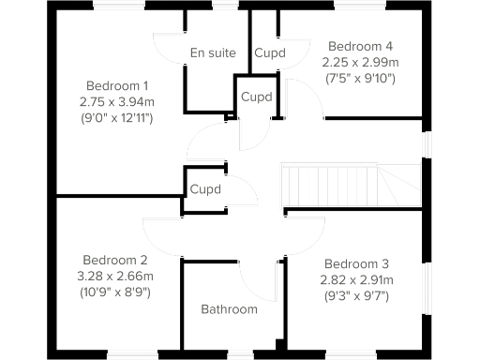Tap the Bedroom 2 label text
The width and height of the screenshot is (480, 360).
click(115, 260)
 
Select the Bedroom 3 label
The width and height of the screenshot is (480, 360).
click(355, 263)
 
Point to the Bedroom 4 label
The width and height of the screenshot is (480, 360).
click(358, 46)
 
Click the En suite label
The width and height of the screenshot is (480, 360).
click(213, 52)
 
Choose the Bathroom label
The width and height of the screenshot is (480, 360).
click(229, 309)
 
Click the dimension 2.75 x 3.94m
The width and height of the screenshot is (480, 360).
click(117, 100)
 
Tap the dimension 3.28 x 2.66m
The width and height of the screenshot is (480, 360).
click(115, 277)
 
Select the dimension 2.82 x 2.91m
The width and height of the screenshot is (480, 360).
click(355, 280)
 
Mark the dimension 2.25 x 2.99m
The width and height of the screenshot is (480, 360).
click(360, 62)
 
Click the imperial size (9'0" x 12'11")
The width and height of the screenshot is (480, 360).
click(117, 117)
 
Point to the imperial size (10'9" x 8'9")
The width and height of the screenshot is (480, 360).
click(115, 292)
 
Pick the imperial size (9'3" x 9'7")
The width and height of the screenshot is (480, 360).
click(355, 296)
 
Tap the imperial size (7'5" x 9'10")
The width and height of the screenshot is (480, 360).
click(360, 78)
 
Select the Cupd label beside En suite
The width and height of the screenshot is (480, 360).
click(270, 53)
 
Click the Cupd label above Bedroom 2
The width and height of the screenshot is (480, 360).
click(205, 189)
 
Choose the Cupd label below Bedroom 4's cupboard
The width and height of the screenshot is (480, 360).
click(257, 97)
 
